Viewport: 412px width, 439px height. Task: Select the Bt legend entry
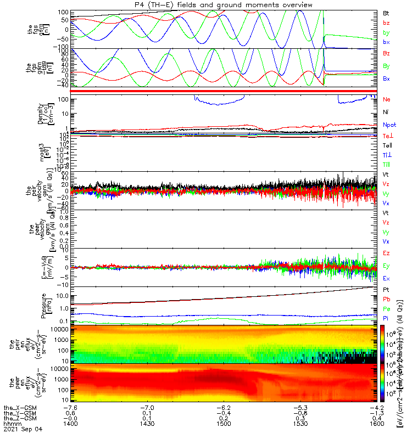tap(387, 13)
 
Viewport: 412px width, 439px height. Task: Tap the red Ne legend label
tap(387, 99)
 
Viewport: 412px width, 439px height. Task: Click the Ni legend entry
tap(386, 112)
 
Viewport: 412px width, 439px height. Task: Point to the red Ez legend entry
tap(387, 253)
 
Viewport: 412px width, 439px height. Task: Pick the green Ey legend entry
tap(387, 266)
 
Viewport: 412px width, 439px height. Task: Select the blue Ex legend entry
tap(387, 278)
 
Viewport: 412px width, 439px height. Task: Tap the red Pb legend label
tap(387, 299)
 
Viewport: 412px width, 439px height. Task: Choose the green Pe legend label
tap(387, 309)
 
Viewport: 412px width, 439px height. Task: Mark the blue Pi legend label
tap(386, 319)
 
